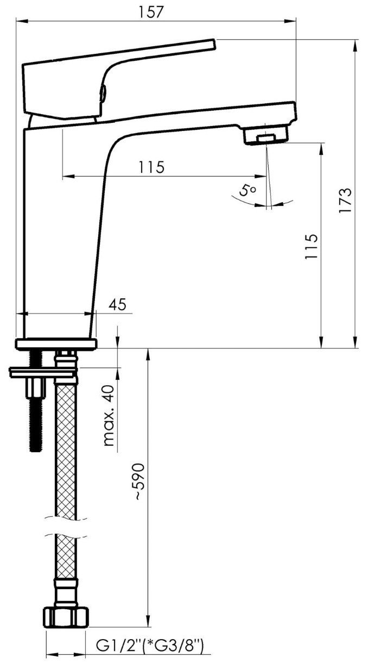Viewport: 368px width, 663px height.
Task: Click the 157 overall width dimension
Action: tap(150, 12)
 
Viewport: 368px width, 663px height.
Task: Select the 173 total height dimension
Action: tap(345, 200)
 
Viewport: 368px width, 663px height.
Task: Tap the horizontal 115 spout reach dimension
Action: tap(151, 167)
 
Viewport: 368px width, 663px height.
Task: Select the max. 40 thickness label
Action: tap(109, 416)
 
